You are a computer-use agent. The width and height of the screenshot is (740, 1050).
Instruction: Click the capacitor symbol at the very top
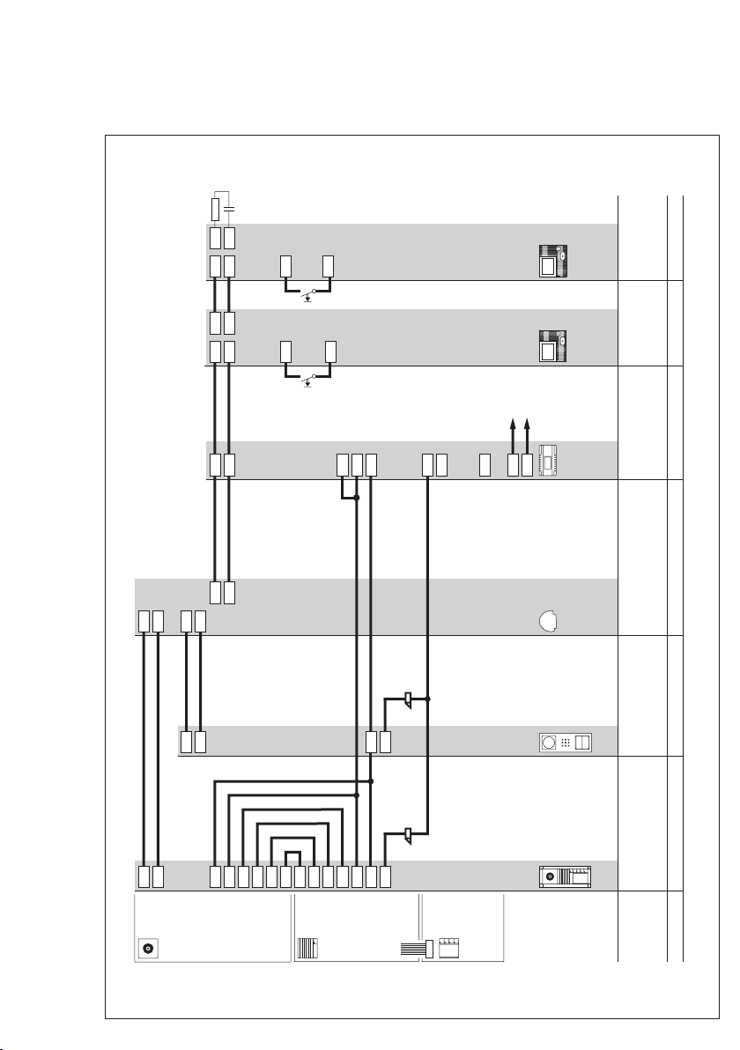click(x=229, y=209)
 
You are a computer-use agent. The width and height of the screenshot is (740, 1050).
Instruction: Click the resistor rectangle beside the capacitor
click(x=216, y=210)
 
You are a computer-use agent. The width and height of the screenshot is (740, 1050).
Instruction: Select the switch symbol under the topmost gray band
click(x=307, y=292)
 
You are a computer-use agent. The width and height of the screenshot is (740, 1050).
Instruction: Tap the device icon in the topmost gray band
click(x=553, y=261)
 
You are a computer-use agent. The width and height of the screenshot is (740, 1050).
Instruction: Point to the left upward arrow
click(x=513, y=432)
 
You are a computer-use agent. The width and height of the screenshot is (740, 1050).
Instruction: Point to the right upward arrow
click(x=527, y=432)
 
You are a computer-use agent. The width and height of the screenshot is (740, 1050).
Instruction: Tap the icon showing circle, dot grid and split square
click(x=565, y=743)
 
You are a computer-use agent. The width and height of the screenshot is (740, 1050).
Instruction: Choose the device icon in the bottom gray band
click(x=565, y=876)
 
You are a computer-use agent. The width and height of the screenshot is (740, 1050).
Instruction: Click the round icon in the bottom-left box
click(x=147, y=949)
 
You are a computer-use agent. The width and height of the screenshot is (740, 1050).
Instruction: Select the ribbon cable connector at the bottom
click(x=416, y=950)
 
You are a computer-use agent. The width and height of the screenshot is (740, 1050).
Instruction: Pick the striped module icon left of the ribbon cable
click(x=307, y=949)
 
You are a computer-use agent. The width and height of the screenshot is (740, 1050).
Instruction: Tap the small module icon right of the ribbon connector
click(x=451, y=949)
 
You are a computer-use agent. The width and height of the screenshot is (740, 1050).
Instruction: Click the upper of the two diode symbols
click(x=409, y=700)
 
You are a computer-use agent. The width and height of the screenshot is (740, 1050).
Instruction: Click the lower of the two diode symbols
click(x=409, y=833)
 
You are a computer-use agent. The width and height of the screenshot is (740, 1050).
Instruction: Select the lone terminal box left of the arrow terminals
click(x=485, y=464)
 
